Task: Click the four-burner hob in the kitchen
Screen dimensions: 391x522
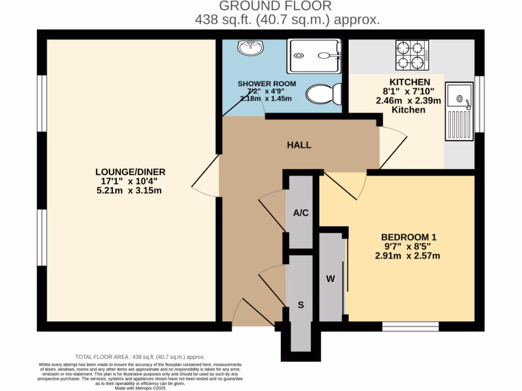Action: [411, 55]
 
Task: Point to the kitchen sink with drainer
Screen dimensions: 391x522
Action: [459, 111]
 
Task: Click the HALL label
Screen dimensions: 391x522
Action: [299, 145]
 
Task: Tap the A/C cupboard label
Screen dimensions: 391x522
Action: [301, 213]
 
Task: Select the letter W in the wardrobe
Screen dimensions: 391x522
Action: [330, 278]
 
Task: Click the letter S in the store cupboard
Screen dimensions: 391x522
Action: [301, 305]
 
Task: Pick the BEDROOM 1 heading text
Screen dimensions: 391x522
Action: [409, 237]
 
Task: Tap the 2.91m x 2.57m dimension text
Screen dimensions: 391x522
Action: [407, 256]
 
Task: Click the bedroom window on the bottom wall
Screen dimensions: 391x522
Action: [410, 326]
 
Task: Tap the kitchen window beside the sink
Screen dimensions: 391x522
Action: [479, 104]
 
